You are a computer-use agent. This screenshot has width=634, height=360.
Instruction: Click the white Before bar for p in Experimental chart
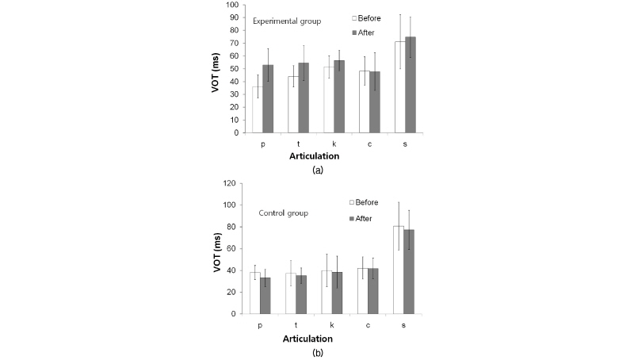258,109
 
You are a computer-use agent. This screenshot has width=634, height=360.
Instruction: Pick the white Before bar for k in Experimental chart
329,99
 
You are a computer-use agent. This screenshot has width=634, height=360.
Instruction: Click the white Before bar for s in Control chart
398,270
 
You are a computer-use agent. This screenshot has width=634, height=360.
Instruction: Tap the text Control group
283,213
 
